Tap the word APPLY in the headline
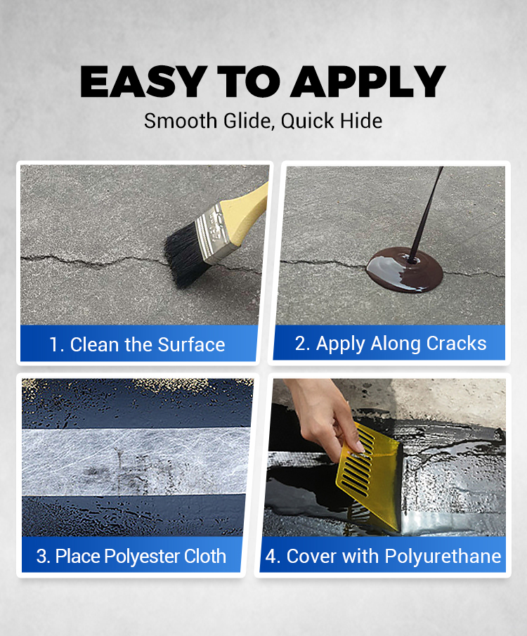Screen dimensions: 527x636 368,82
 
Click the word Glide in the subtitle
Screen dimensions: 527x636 249,122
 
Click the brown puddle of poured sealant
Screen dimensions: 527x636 404,270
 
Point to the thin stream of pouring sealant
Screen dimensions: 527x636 426,214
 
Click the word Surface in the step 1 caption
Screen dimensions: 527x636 191,345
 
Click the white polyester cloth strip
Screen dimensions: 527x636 136,462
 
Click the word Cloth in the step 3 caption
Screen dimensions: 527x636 205,556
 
